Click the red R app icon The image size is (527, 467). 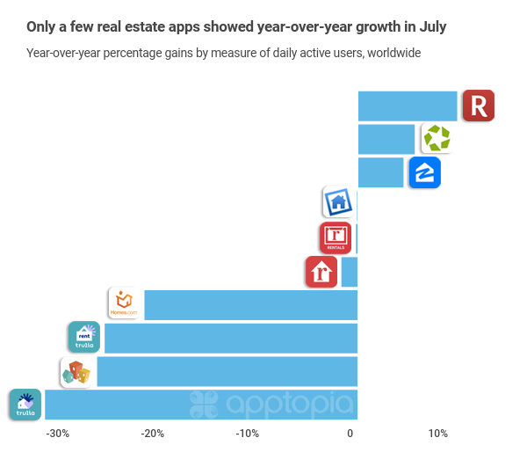tap(478, 106)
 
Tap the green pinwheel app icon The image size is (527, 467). tap(436, 138)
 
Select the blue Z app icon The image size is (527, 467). tap(424, 172)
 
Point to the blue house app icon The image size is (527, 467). tap(338, 203)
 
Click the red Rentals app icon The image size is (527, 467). tap(335, 237)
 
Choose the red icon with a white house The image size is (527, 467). tap(321, 272)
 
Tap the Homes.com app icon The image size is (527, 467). tap(124, 303)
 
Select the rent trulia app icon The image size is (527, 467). tap(84, 337)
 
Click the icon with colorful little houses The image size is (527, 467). tap(76, 372)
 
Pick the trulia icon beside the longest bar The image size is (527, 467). tap(25, 405)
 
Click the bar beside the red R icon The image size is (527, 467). tap(408, 106)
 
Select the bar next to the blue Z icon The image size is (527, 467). tap(380, 172)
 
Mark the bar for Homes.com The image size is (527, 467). tap(250, 304)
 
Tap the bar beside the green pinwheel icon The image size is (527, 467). tap(386, 139)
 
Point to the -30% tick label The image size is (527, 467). tap(57, 434)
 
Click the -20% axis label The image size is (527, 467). tap(152, 434)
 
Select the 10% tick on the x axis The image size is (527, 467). tap(437, 434)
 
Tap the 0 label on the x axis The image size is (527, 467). tap(350, 434)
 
